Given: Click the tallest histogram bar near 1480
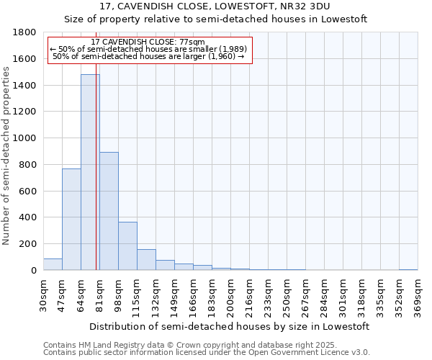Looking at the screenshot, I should [x=90, y=173].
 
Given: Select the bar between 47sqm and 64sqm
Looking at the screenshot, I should [x=71, y=220].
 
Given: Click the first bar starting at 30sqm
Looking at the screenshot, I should [x=53, y=264].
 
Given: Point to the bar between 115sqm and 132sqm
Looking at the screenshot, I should [x=146, y=260].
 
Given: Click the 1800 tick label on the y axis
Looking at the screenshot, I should [x=25, y=32].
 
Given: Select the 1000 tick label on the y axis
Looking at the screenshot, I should [x=25, y=138].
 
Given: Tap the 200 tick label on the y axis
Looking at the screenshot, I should [x=28, y=244].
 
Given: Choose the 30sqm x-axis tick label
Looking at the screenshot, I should [x=43, y=297].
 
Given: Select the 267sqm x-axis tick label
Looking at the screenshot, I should [x=305, y=297].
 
